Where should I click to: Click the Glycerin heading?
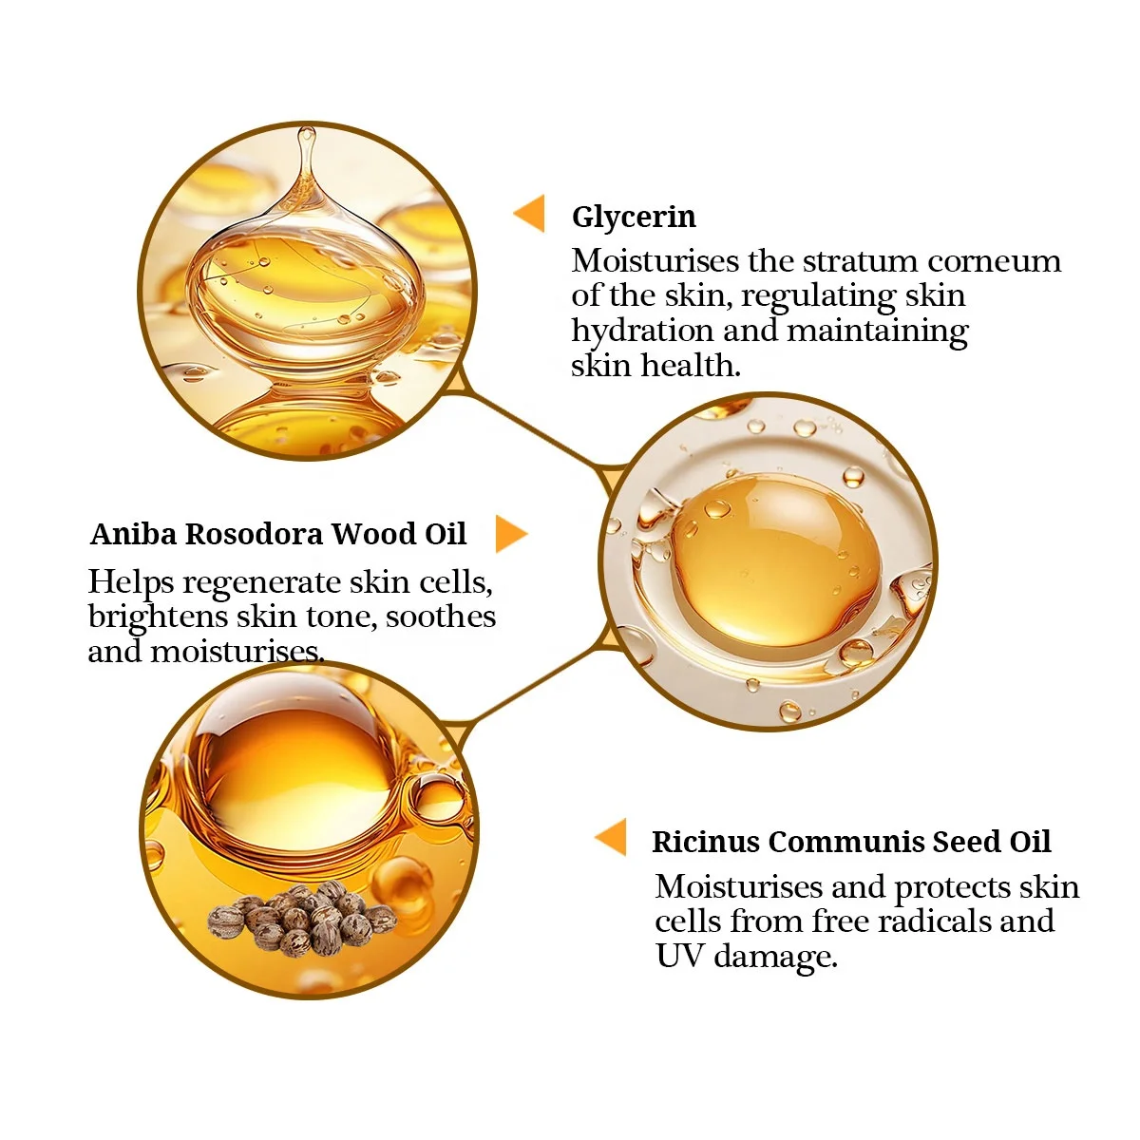634,218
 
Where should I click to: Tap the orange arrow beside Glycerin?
530,214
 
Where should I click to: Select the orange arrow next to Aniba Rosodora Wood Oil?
510,535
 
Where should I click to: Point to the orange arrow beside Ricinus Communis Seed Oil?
612,838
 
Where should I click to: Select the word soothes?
441,617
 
